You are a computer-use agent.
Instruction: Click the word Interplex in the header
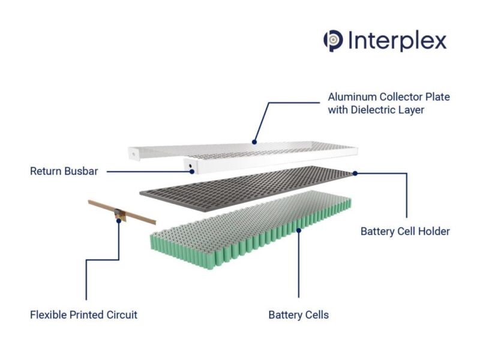click(x=396, y=40)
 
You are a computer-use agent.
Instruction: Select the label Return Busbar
click(x=64, y=172)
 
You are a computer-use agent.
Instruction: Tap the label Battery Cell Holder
click(x=404, y=231)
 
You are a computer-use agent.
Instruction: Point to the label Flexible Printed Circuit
click(x=83, y=314)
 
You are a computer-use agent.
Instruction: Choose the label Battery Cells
click(x=298, y=314)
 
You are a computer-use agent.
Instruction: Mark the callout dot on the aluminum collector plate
click(x=254, y=142)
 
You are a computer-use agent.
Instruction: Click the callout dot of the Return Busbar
click(x=192, y=172)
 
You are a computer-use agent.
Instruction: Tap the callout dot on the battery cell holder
click(x=355, y=173)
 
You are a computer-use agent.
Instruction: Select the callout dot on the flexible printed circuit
click(x=119, y=220)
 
